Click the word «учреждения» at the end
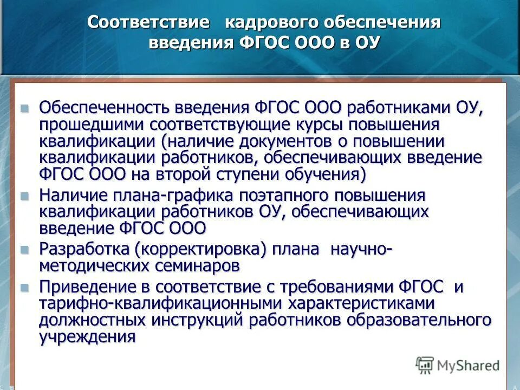(87, 337)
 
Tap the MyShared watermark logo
(458, 366)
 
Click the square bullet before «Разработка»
(24, 250)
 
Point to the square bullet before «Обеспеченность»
(24, 108)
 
